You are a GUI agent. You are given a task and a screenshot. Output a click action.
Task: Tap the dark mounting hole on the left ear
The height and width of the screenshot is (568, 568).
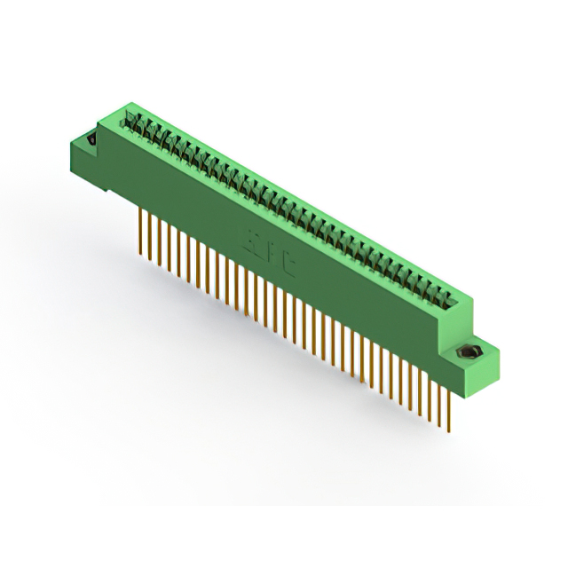click(90, 139)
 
